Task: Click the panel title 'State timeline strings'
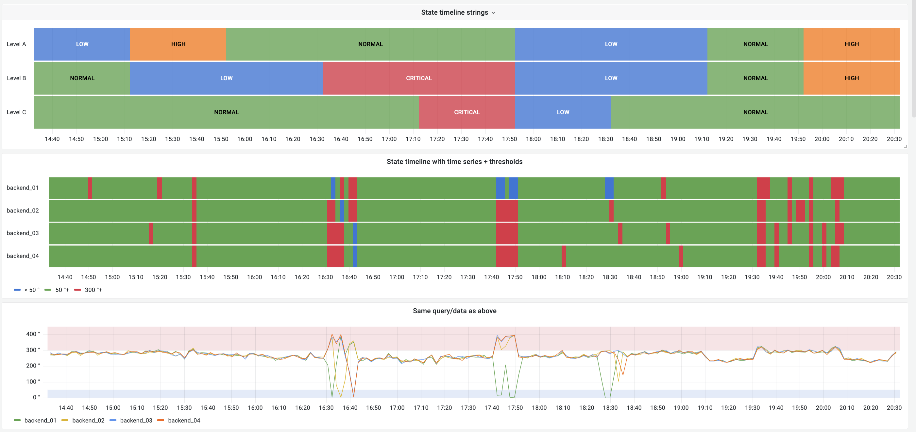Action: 454,12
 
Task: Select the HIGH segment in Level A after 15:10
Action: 178,44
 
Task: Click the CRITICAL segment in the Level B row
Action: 418,78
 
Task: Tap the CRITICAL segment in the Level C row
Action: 466,112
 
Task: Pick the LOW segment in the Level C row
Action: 563,112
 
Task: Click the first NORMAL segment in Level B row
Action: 82,78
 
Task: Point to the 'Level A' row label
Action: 16,44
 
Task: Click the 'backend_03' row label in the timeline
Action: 23,233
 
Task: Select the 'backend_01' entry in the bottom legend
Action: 40,420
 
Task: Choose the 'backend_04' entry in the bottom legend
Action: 183,420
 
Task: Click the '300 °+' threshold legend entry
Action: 93,290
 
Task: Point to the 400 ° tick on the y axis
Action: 33,334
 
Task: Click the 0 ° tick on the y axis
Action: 36,397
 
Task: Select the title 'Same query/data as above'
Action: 454,311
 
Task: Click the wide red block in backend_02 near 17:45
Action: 507,211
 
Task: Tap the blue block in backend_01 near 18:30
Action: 609,188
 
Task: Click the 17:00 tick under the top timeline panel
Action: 389,139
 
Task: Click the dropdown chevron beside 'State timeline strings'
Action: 493,13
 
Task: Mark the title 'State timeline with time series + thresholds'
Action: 454,162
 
